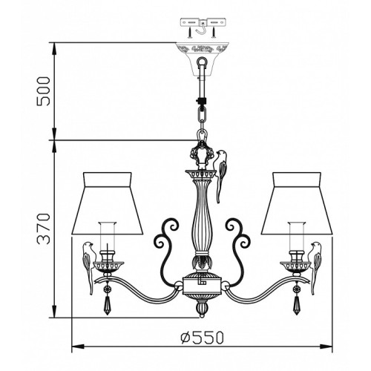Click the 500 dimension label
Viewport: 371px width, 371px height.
pyautogui.click(x=43, y=91)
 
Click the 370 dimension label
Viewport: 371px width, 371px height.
pyautogui.click(x=44, y=229)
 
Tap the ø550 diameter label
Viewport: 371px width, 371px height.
pyautogui.click(x=202, y=338)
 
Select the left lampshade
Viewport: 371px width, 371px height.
pyautogui.click(x=108, y=203)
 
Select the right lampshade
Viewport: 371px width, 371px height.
pyautogui.click(x=297, y=203)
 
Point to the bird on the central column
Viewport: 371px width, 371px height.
pyautogui.click(x=220, y=176)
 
